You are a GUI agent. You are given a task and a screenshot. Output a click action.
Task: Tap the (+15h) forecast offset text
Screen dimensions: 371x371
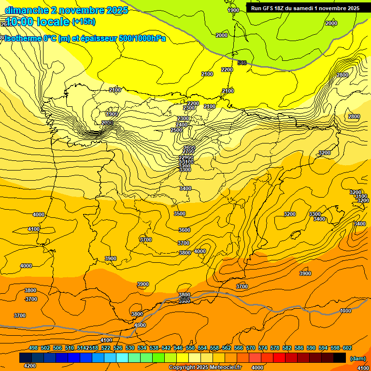tap(84, 21)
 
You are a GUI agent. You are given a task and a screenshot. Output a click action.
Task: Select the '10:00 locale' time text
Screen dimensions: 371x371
tap(37, 22)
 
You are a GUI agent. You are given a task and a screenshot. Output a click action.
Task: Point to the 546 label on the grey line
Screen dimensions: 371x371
tap(242, 63)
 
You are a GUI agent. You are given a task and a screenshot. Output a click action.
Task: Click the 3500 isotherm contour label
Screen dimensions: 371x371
tap(179, 214)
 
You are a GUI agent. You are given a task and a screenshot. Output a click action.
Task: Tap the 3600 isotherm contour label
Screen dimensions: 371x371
tap(184, 230)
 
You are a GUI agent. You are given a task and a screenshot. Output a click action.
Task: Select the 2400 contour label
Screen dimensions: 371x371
tap(182, 125)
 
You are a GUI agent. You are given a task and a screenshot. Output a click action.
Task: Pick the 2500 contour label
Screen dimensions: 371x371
tap(176, 130)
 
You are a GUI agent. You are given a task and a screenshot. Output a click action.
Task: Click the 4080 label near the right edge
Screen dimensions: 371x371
tap(345, 311)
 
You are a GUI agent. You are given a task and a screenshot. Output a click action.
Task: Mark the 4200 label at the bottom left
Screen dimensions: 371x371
tap(29, 366)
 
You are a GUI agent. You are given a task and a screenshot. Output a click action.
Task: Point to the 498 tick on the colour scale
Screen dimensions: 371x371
tap(33, 348)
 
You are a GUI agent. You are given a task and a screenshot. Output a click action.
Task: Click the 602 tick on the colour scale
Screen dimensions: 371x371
tap(347, 348)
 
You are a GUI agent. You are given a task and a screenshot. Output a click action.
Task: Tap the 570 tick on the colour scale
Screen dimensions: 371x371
tap(251, 348)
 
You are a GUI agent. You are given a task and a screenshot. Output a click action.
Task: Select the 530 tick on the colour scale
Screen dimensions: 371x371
tap(130, 348)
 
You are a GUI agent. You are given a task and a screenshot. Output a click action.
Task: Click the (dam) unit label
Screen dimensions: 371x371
tap(358, 358)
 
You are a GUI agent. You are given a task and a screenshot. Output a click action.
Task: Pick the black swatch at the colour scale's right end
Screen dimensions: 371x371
tap(340, 357)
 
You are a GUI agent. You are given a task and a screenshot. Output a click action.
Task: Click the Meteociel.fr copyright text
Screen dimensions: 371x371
tap(205, 368)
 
